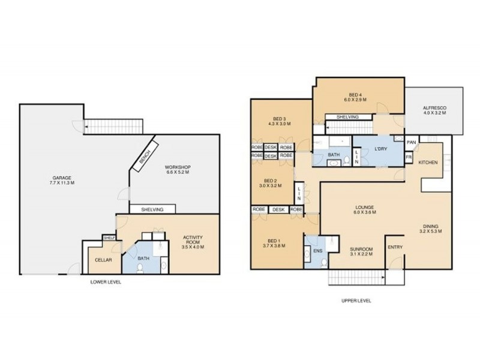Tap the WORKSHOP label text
177,169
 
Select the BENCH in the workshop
145,157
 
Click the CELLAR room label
101,259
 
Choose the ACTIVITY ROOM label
193,242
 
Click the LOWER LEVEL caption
105,281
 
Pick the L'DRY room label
380,149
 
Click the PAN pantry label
411,143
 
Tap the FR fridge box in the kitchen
409,158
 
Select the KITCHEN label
428,162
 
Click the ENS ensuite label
317,250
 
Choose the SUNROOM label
361,251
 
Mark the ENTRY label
395,247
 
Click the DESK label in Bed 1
278,209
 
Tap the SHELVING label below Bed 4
347,117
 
